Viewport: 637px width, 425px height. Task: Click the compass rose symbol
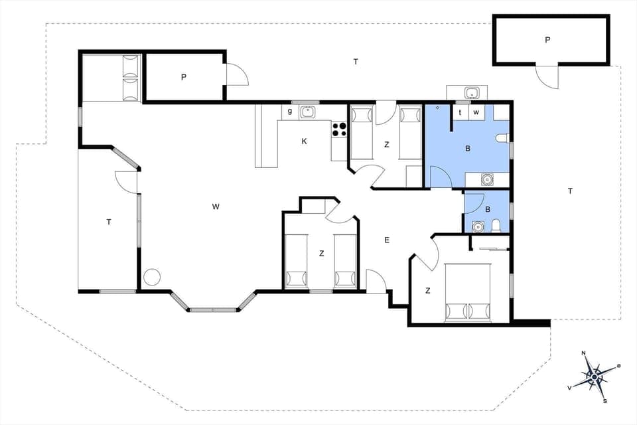(595, 377)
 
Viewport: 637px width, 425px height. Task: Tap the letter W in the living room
(216, 207)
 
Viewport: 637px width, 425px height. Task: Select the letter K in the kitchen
(304, 141)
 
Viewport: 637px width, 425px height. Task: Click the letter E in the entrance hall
(387, 240)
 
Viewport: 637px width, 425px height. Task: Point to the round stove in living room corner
(153, 278)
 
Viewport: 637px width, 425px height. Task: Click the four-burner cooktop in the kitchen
(339, 129)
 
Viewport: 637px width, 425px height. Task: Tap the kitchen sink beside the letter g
(307, 112)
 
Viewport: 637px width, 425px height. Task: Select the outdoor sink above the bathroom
(472, 93)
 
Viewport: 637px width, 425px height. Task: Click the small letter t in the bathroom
(460, 112)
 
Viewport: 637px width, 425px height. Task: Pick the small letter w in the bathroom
(476, 112)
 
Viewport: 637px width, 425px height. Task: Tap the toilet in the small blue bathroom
(496, 226)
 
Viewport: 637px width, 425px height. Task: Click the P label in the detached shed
(547, 40)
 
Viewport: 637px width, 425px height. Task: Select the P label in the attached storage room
(183, 77)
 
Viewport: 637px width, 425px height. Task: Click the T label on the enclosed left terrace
(108, 222)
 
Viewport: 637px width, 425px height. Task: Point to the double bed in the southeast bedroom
(467, 292)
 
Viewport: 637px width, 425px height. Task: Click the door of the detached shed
(547, 76)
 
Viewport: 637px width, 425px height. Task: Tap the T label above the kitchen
(356, 62)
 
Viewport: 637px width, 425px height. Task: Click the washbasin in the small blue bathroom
(477, 226)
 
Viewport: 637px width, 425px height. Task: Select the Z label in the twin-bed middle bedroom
(321, 253)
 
